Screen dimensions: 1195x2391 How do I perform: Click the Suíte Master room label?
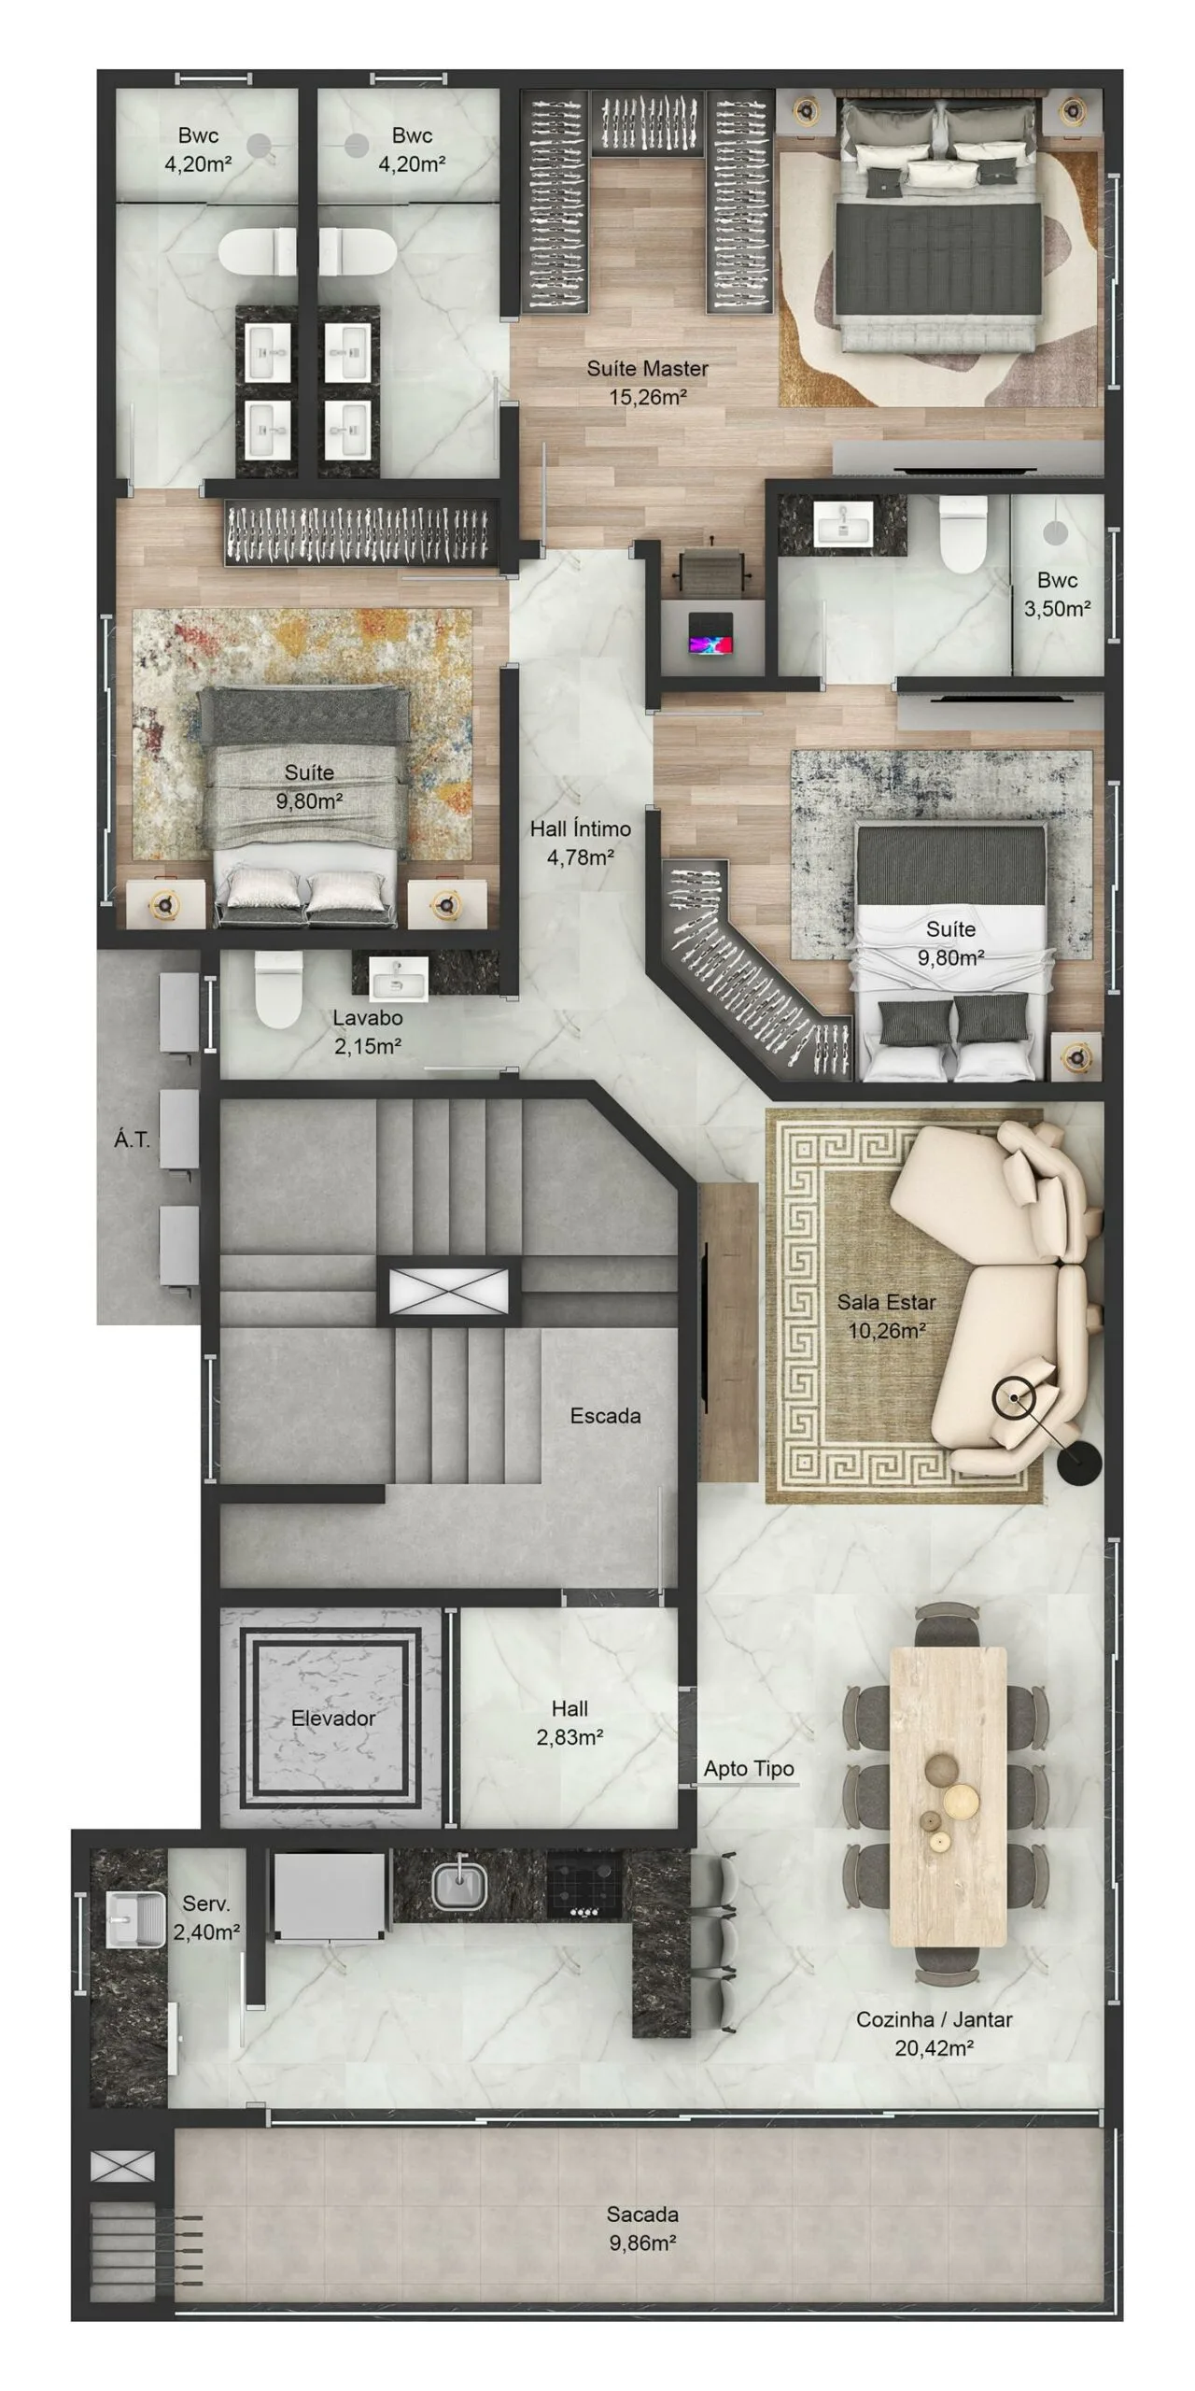point(647,369)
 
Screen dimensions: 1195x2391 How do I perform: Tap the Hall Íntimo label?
point(580,828)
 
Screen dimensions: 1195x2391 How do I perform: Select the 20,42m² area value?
point(934,2048)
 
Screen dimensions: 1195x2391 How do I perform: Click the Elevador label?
point(333,1719)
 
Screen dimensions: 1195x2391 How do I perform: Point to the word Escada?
point(605,1416)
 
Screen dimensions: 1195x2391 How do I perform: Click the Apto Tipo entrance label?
point(749,1768)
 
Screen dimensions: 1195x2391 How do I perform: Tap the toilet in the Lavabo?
point(278,990)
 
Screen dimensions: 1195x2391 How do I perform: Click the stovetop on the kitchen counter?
point(584,1885)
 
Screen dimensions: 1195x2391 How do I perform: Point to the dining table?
point(949,1796)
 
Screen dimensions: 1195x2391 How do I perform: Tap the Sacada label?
point(642,2214)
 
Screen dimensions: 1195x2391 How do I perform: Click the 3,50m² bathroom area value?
point(1057,609)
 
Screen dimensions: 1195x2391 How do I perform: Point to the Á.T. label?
point(132,1139)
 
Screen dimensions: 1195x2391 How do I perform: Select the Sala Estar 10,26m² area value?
point(886,1331)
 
